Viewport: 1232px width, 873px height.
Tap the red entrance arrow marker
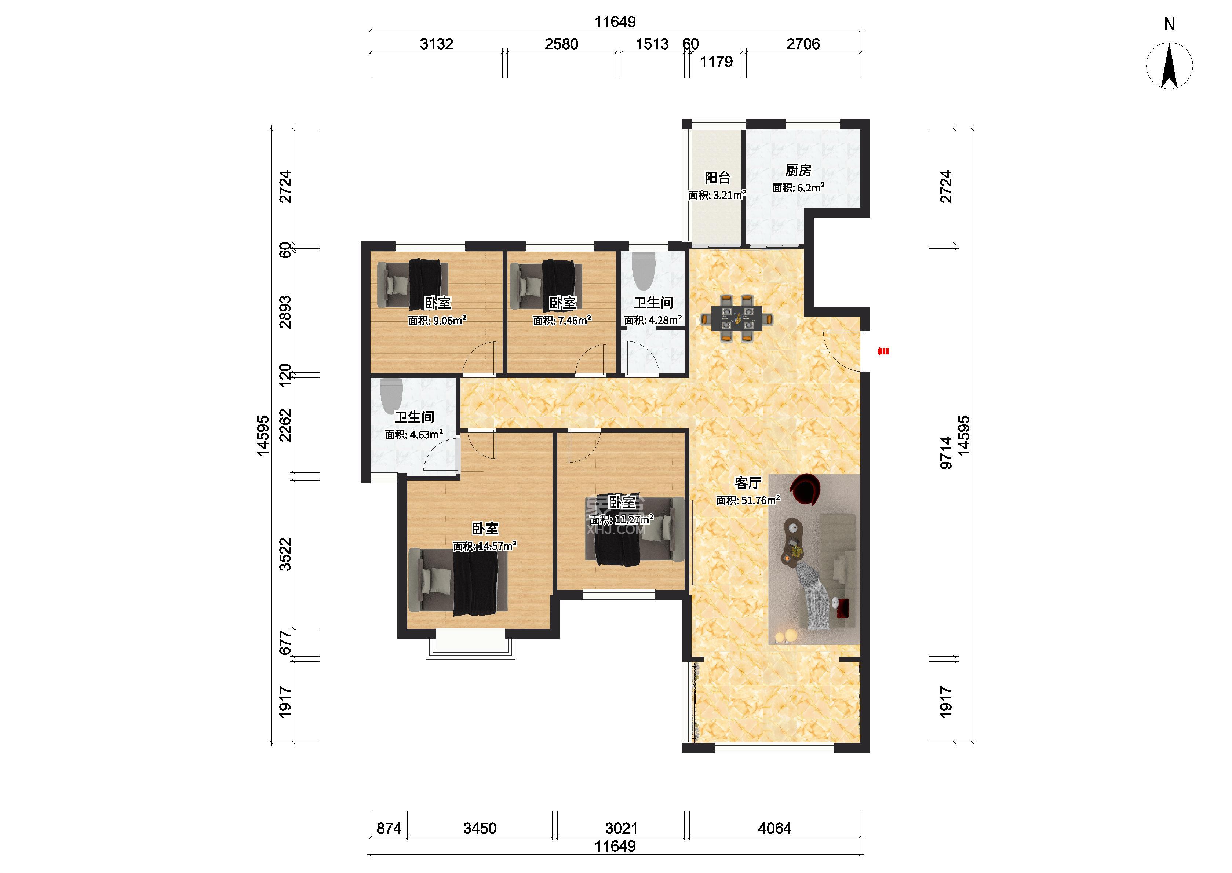point(883,351)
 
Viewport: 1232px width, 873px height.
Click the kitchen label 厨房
point(798,171)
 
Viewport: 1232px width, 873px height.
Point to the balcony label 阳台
point(718,178)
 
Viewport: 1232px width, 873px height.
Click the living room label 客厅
point(748,483)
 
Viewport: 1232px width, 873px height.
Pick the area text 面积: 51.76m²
point(748,500)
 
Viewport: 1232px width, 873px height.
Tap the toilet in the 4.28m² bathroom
point(643,271)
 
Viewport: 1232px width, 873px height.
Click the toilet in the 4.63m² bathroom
point(391,396)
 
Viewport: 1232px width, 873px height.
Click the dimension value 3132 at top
point(437,44)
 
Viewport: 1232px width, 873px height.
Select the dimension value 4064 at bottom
point(774,828)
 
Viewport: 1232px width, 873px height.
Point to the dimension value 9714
point(946,453)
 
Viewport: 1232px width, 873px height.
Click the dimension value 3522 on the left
point(285,554)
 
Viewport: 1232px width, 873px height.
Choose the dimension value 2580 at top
point(562,44)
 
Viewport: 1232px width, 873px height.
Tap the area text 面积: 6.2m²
point(799,187)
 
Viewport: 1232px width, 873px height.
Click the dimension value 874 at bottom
point(389,828)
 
